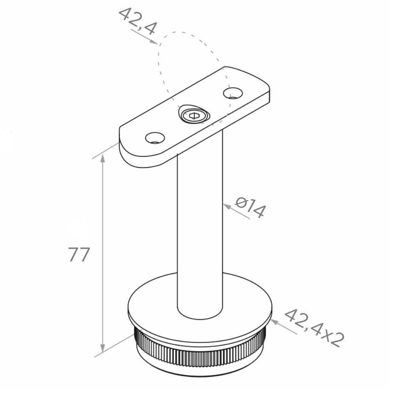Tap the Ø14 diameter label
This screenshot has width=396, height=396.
point(250,208)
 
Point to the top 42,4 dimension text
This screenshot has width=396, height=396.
point(138,21)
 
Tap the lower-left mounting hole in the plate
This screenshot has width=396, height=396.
point(155,138)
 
